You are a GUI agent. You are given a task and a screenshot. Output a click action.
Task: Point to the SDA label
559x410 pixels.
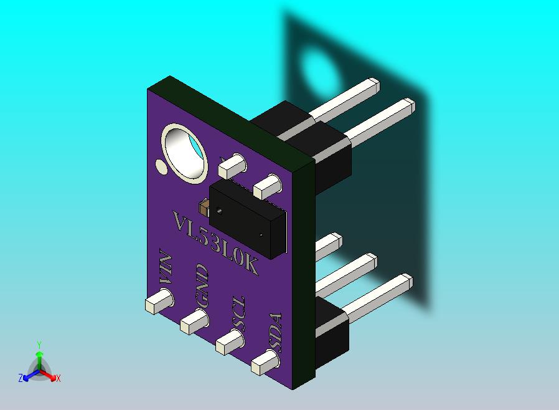click(x=276, y=333)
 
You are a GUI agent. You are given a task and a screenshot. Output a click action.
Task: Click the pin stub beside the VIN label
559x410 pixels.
click(x=159, y=301)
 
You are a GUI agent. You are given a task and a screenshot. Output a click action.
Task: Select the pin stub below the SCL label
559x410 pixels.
click(x=230, y=342)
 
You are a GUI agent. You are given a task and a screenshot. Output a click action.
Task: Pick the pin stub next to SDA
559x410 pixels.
click(x=266, y=362)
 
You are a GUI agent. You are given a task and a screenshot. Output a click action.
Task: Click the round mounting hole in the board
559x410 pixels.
click(x=185, y=153)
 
